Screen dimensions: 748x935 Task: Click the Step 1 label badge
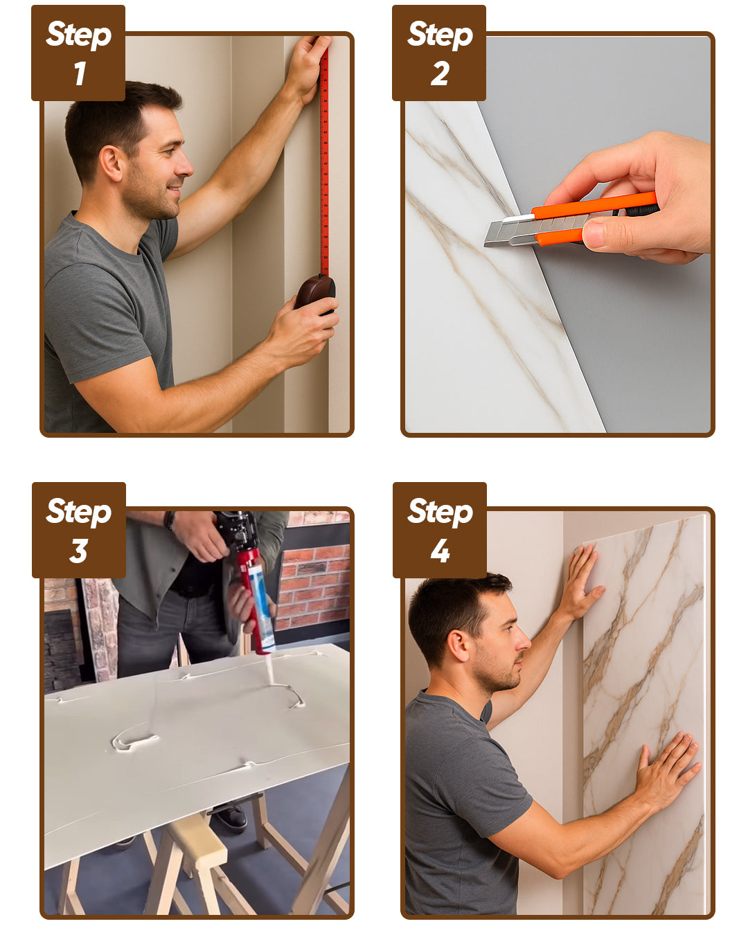coord(78,53)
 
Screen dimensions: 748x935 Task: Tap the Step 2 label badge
coord(439,53)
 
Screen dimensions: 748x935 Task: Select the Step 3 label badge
coord(79,530)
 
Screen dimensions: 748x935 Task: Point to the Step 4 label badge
coord(439,530)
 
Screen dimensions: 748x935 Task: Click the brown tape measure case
coord(316,292)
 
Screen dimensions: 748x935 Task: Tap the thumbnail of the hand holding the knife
coord(594,235)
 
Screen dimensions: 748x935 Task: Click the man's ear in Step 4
coord(458,647)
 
